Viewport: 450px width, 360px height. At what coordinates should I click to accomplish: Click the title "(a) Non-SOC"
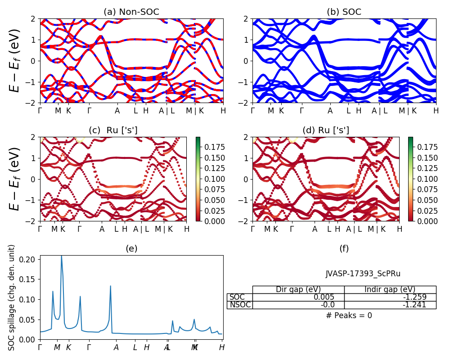point(131,12)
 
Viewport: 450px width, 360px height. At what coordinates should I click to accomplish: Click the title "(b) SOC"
point(344,12)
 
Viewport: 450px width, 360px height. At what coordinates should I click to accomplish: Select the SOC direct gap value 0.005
point(324,297)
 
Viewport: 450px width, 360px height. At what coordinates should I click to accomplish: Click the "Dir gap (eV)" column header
point(298,289)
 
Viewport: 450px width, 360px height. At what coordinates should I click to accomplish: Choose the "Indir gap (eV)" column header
point(390,289)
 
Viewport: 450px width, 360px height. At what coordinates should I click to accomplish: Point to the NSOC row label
point(239,305)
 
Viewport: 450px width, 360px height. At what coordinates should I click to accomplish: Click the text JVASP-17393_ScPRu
point(363,274)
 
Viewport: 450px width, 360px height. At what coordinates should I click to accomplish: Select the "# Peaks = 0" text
point(349,315)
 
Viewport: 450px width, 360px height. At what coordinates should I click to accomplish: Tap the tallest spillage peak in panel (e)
point(62,256)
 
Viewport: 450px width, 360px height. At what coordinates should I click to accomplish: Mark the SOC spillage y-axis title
point(12,297)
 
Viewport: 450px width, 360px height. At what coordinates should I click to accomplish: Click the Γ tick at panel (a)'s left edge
point(40,111)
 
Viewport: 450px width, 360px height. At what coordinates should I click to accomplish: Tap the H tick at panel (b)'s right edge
point(436,111)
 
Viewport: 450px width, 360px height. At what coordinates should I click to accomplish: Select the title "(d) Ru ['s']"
point(326,130)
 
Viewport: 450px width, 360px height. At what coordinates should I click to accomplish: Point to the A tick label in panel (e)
point(116,347)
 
